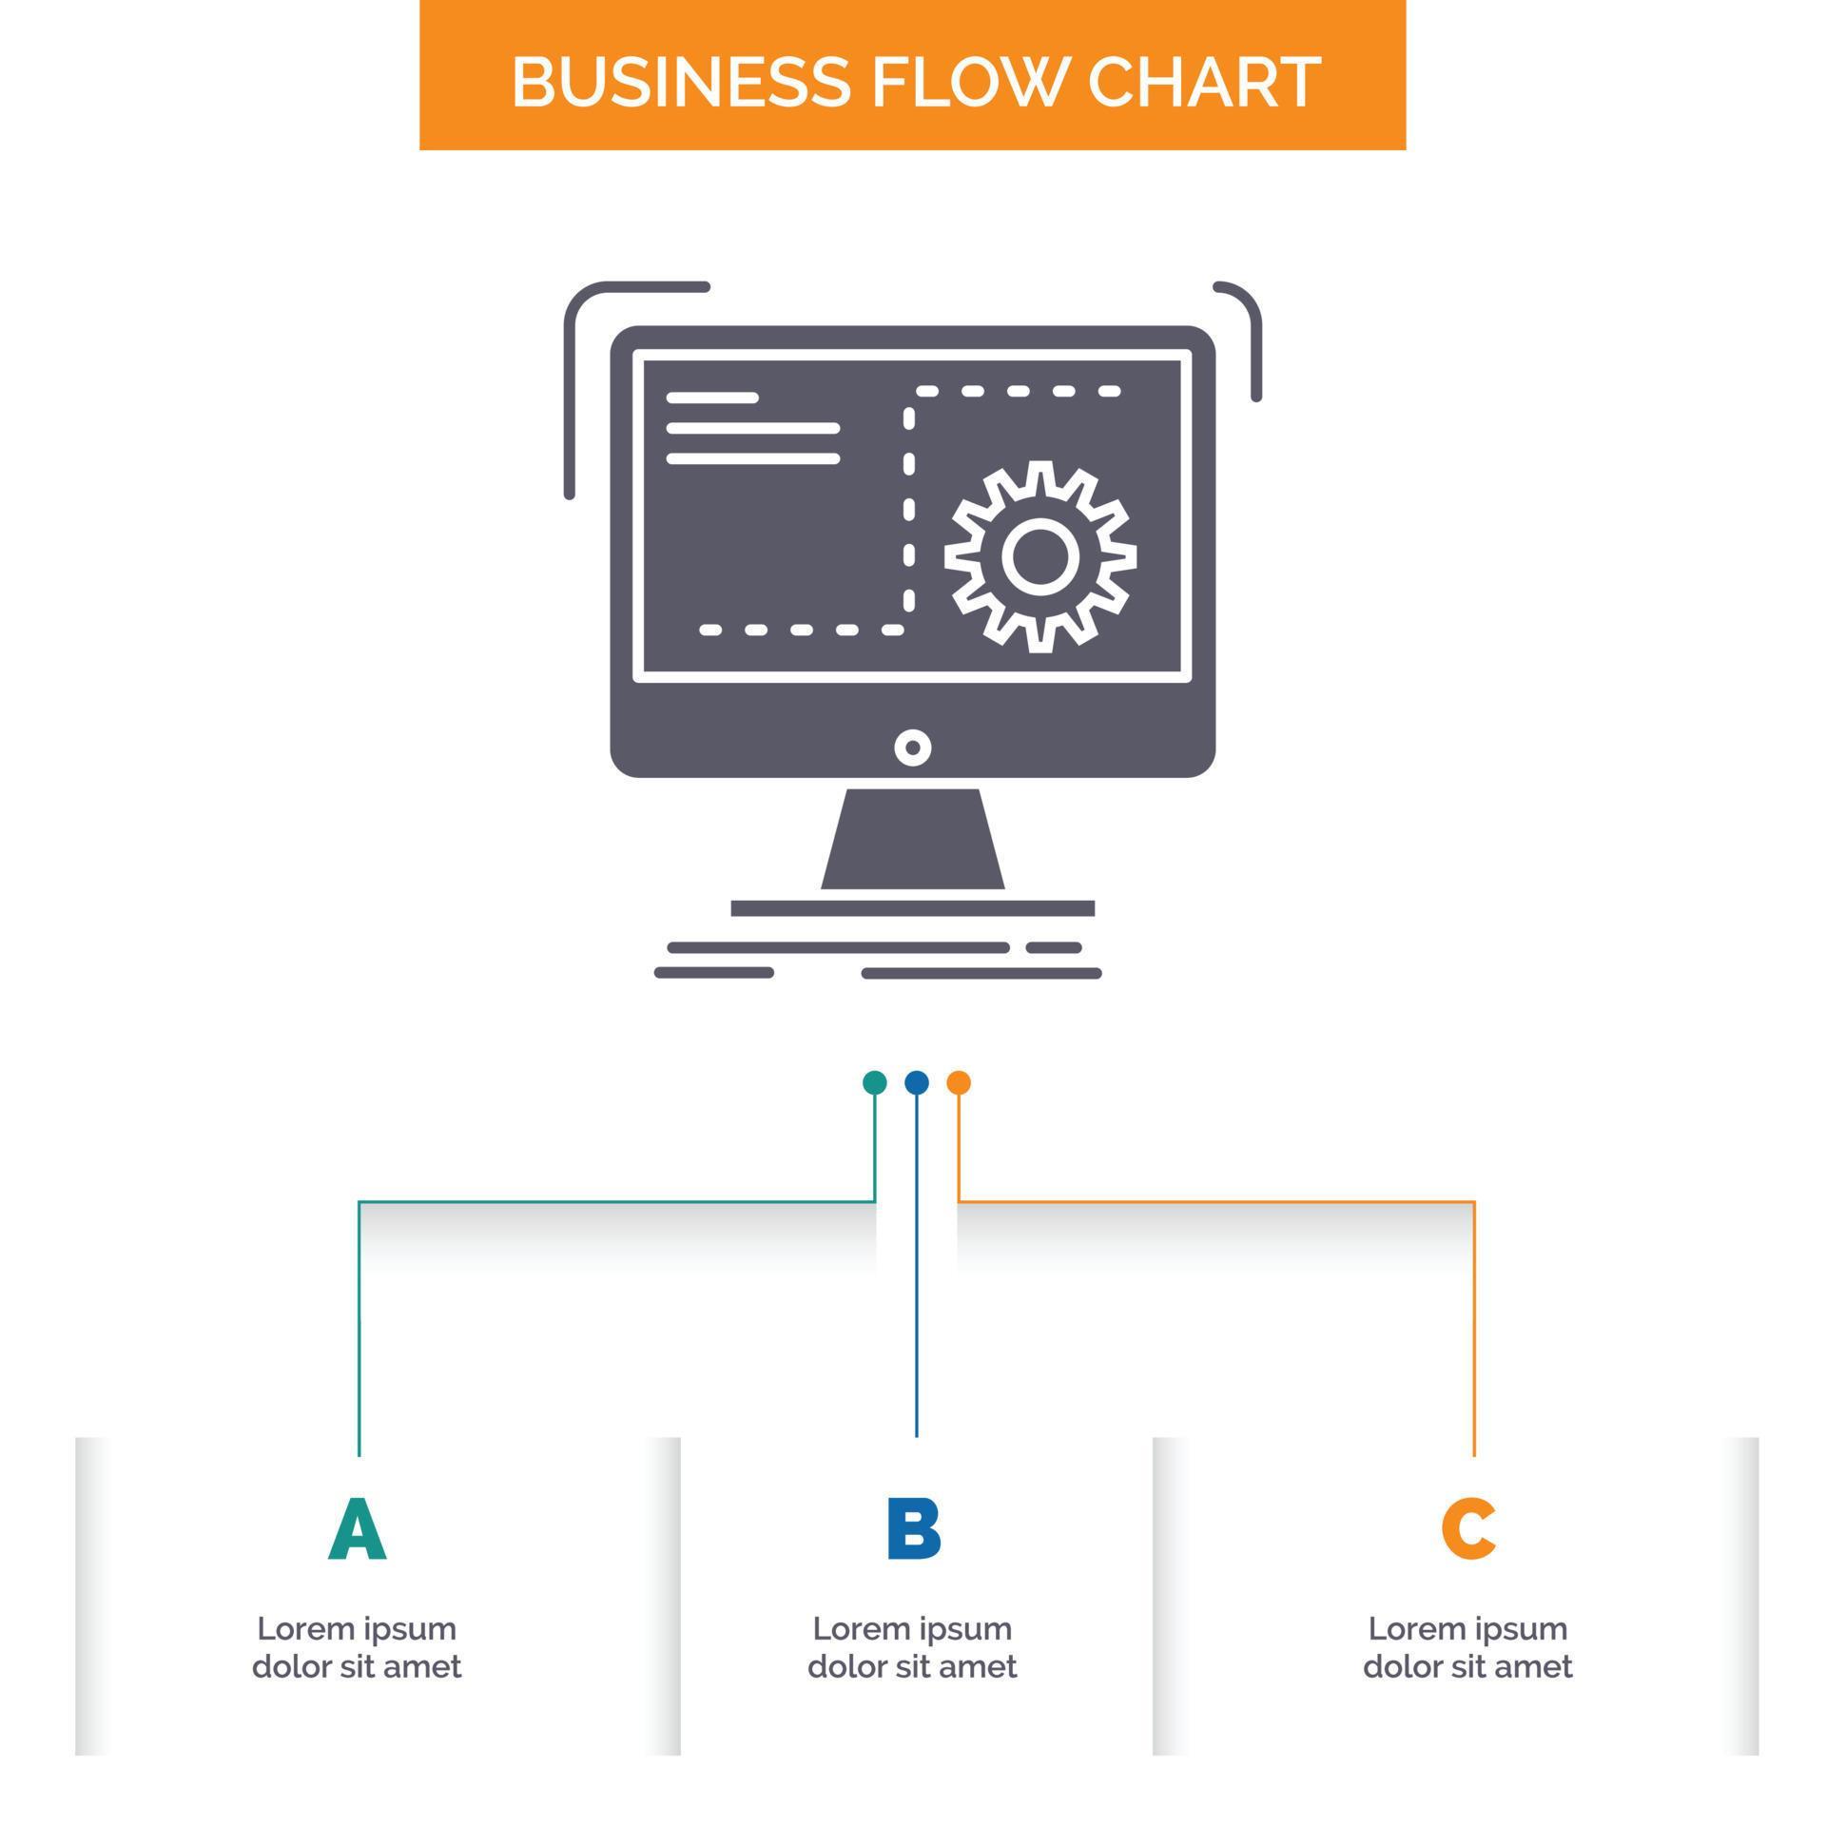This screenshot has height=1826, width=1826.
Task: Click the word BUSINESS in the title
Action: coord(680,82)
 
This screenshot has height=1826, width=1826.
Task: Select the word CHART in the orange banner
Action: coord(1203,82)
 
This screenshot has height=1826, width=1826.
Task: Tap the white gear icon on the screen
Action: coord(1040,556)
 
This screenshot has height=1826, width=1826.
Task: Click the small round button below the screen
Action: coord(913,747)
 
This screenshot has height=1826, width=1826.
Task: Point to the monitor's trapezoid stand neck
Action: coord(913,840)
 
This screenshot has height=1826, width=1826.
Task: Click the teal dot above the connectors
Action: coord(875,1082)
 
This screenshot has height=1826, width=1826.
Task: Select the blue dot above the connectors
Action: coord(917,1082)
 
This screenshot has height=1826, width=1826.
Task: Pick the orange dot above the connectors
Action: coord(959,1082)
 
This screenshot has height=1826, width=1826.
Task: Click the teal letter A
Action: coord(358,1530)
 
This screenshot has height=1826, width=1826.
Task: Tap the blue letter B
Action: coord(914,1530)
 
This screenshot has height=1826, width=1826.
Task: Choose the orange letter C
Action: coord(1468,1530)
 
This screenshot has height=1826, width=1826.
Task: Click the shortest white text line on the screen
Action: coord(712,398)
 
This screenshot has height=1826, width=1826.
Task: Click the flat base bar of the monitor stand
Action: coord(913,908)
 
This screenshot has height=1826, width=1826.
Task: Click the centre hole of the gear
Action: coord(1040,557)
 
